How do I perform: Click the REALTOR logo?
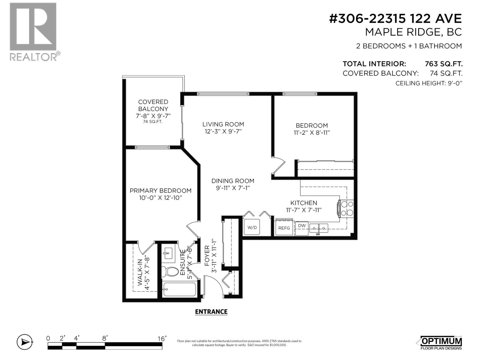pos(33,31)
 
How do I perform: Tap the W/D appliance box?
pos(252,227)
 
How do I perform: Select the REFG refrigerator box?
pos(284,228)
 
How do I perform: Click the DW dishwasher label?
pos(302,226)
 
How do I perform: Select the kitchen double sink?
pos(319,229)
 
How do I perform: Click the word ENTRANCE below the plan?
pos(211,312)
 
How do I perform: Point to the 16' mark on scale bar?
pos(162,339)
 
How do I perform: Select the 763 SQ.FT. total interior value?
pos(443,64)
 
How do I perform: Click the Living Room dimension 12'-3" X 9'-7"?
pos(223,131)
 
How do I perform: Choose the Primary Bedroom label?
pos(160,190)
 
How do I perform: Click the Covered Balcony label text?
pos(153,105)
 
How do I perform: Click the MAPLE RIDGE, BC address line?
pos(413,32)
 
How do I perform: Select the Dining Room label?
pos(233,181)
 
